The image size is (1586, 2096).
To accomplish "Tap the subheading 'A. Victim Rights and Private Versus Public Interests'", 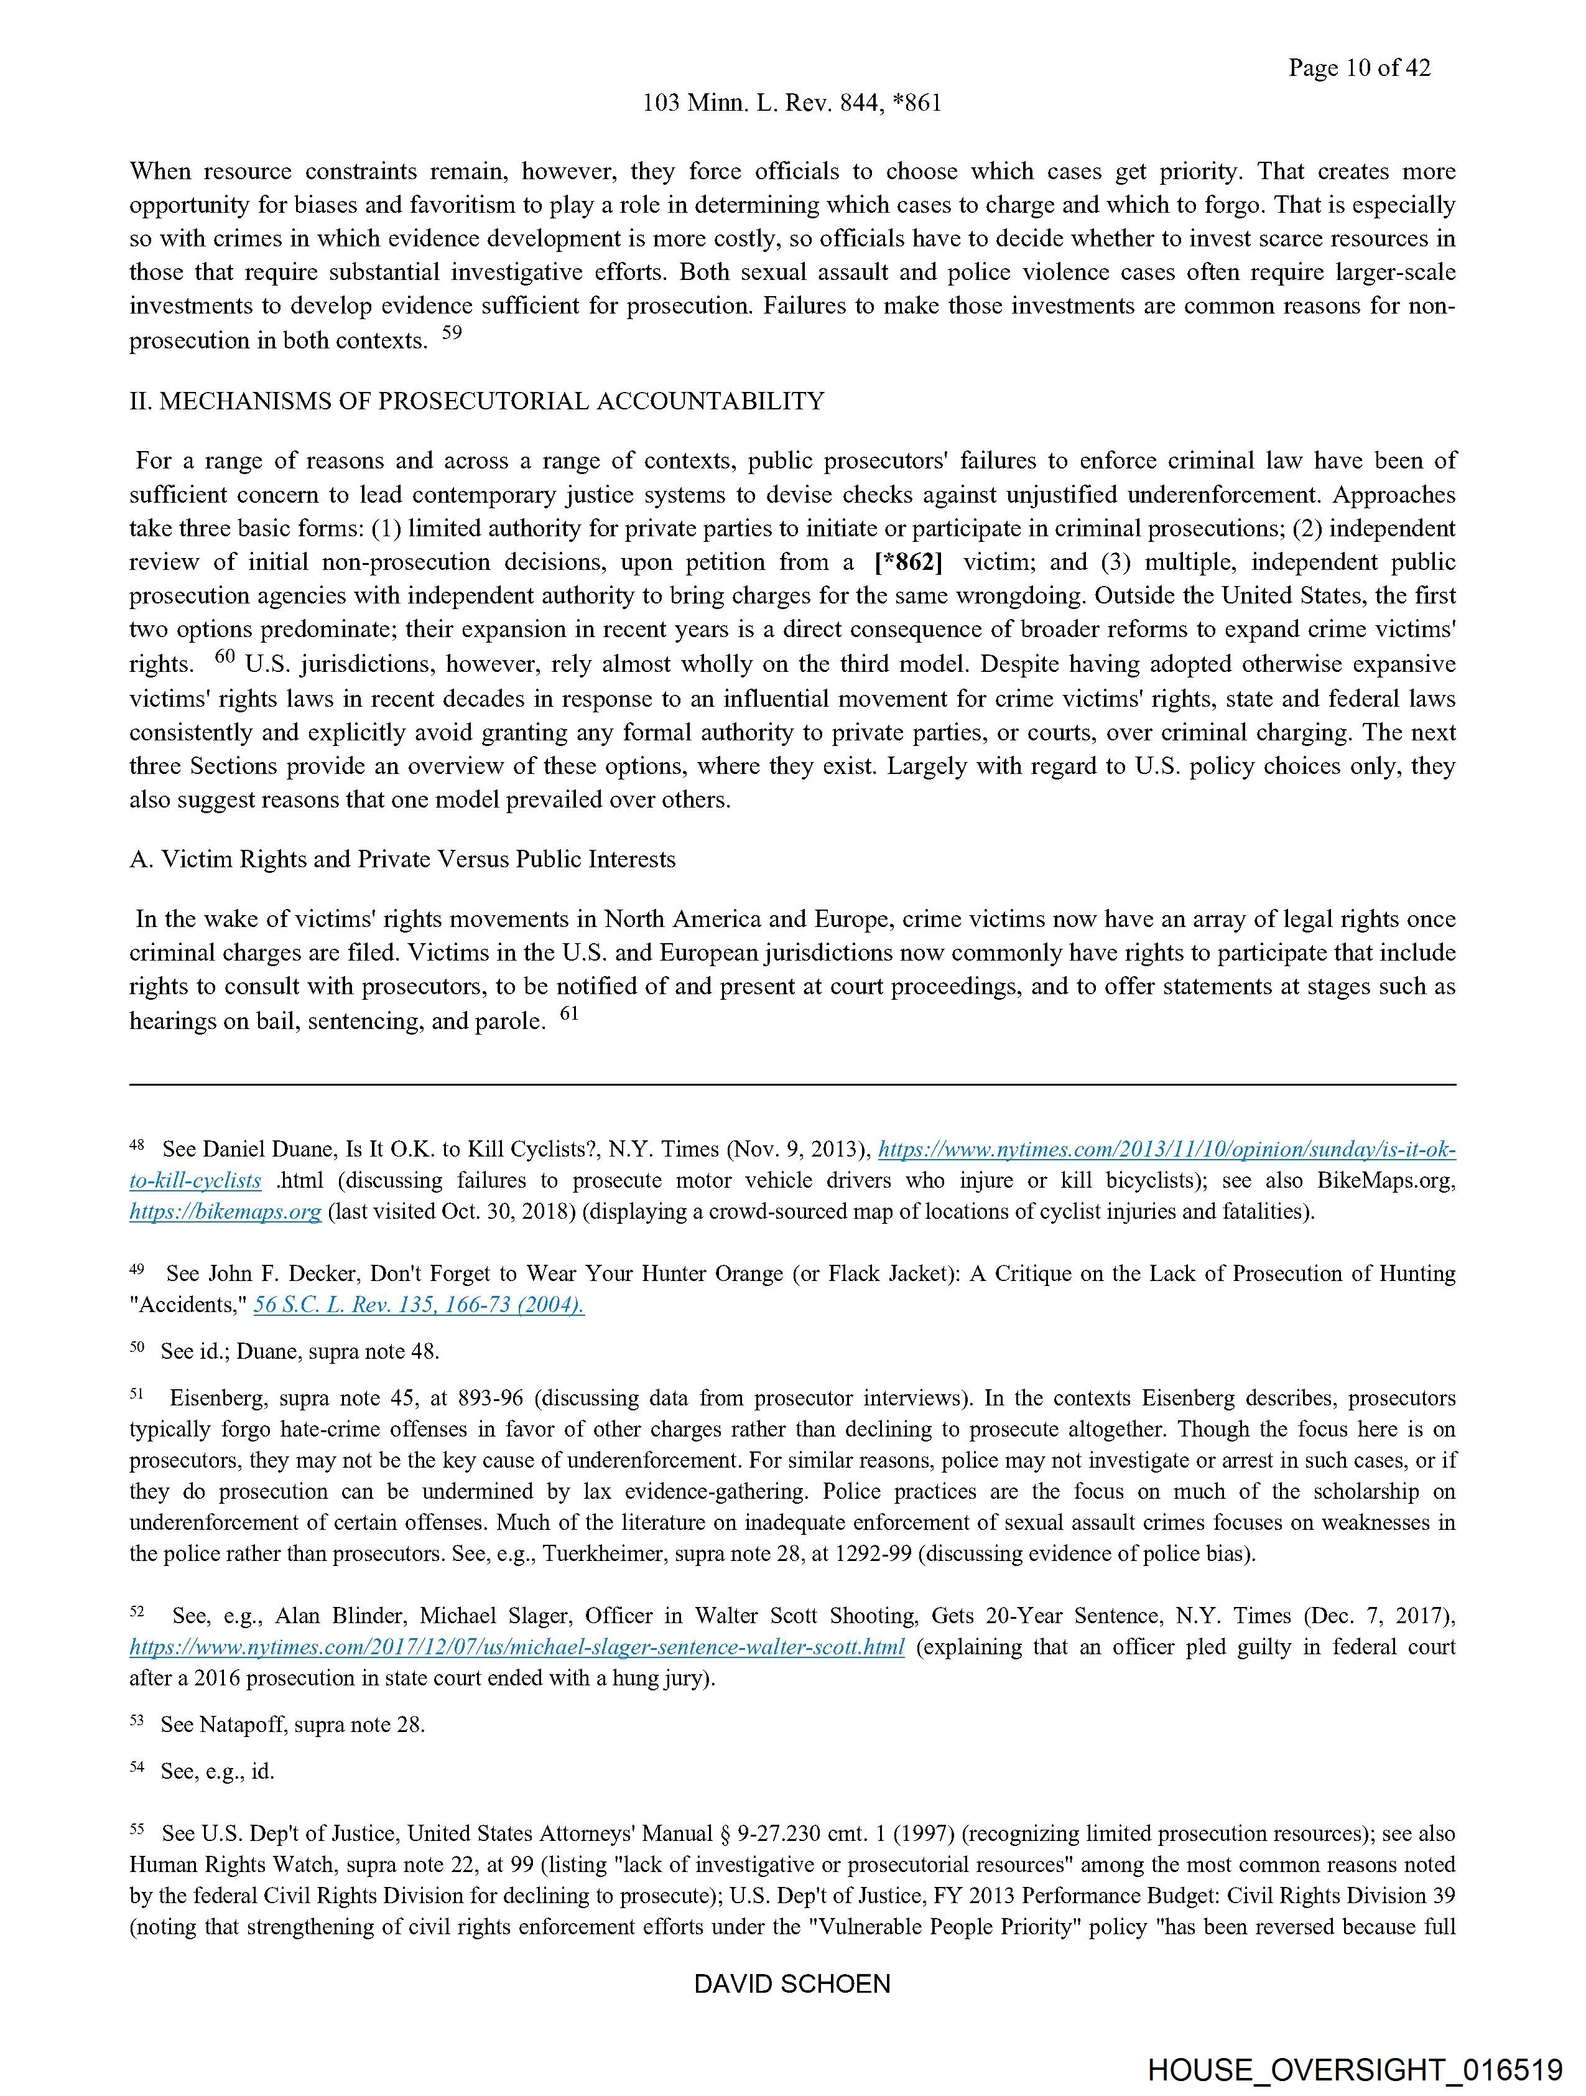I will point(402,859).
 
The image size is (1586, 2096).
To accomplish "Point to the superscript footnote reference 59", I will point(452,333).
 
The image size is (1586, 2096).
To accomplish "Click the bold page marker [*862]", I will point(907,562).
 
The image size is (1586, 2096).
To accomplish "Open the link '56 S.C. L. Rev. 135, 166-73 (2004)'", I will point(419,1305).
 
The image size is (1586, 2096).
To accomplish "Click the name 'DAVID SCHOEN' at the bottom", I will point(792,1984).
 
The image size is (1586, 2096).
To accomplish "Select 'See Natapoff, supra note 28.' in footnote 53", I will point(293,1725).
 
